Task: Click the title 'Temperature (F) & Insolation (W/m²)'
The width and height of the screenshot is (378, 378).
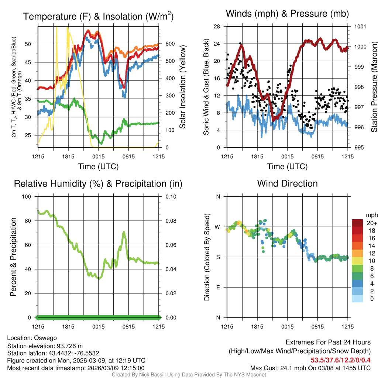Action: pos(98,17)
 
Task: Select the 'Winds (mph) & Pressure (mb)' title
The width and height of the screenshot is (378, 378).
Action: pos(287,14)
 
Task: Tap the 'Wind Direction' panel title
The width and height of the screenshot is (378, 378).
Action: pos(287,183)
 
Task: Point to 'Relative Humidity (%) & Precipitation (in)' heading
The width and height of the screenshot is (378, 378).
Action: pos(98,183)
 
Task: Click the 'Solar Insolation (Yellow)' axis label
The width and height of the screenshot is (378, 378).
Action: pos(182,87)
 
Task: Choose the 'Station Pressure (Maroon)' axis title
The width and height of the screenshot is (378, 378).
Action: pos(374,87)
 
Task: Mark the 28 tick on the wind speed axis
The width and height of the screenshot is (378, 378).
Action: pos(217,27)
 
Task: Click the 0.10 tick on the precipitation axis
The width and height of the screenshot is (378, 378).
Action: pos(171,196)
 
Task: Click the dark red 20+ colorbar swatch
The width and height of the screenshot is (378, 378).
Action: pos(357,223)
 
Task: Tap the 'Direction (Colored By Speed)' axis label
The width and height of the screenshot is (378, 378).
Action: pos(207,257)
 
